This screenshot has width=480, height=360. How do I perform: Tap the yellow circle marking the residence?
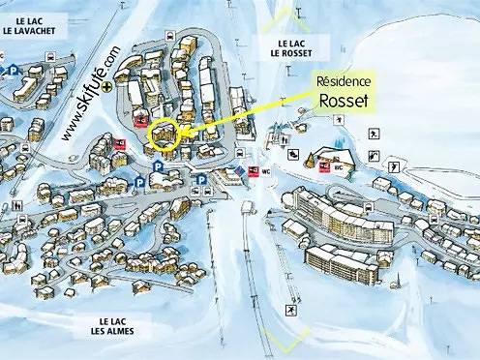(x=165, y=134)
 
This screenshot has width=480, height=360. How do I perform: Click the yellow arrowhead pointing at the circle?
(x=187, y=130)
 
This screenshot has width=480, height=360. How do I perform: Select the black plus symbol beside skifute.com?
(x=119, y=85)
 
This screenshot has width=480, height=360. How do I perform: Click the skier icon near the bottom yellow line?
(x=289, y=311)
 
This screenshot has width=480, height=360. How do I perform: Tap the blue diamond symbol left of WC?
(x=242, y=171)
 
